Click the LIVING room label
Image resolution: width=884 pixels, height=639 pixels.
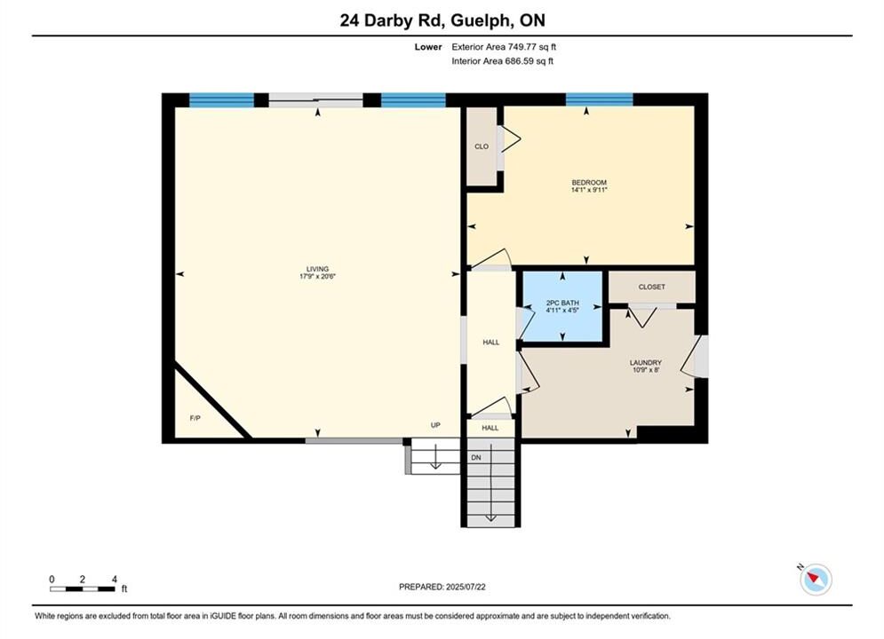click(x=317, y=269)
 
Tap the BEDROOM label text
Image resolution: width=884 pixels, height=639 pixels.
click(x=589, y=183)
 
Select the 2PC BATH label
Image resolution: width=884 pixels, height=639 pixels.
click(x=562, y=303)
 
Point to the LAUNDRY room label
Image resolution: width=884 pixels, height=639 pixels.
click(x=646, y=363)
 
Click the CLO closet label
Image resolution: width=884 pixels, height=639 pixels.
click(x=482, y=146)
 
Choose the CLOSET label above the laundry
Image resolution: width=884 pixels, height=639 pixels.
click(x=652, y=288)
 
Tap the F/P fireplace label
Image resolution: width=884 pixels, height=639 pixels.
click(x=195, y=418)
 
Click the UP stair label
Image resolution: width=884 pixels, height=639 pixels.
click(x=435, y=425)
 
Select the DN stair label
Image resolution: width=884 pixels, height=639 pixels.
click(x=476, y=458)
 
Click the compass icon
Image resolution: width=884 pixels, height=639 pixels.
click(x=816, y=579)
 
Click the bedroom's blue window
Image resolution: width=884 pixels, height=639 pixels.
click(x=600, y=99)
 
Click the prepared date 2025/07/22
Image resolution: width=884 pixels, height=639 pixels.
click(x=466, y=587)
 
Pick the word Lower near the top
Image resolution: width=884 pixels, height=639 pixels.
click(x=428, y=47)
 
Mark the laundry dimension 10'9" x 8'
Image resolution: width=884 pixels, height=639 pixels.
click(x=646, y=370)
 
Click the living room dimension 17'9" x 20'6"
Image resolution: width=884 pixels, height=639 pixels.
click(x=317, y=276)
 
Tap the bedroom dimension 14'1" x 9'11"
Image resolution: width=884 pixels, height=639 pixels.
click(x=589, y=190)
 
